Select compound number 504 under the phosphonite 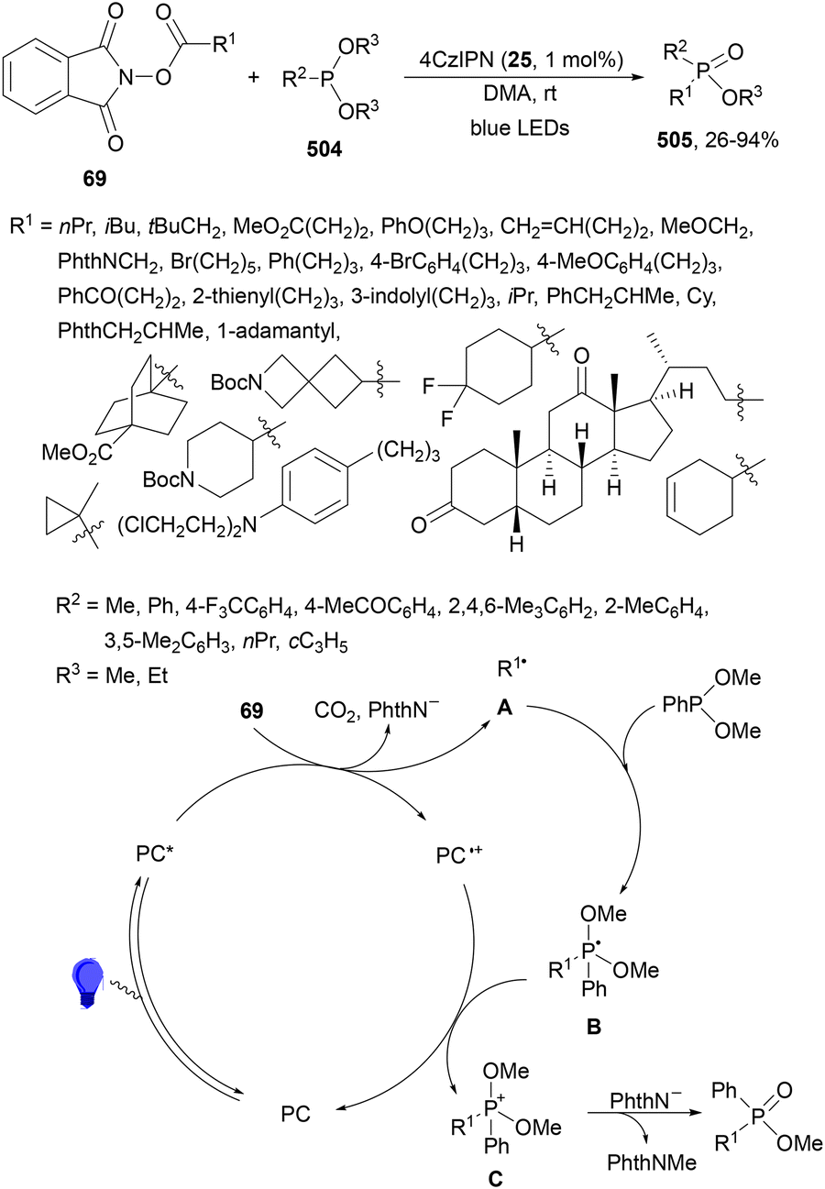(324, 149)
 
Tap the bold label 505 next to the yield (675, 140)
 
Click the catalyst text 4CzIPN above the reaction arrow (456, 60)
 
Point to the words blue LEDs (520, 128)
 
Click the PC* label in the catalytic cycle (155, 854)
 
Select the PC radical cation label (459, 855)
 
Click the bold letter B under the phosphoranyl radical (593, 1027)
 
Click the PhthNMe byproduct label (652, 1162)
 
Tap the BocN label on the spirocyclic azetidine (236, 382)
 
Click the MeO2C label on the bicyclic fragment (78, 453)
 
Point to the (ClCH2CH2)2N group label (187, 525)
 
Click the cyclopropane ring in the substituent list (62, 515)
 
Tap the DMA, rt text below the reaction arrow (520, 94)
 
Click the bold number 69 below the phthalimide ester (94, 179)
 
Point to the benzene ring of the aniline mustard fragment (315, 486)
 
